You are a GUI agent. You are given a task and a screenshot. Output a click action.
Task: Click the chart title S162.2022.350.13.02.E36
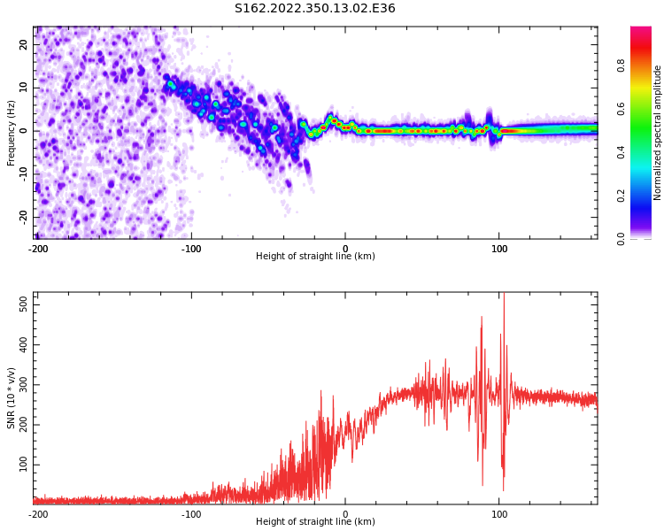point(315,9)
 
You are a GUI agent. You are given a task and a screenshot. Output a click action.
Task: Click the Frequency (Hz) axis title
point(12,132)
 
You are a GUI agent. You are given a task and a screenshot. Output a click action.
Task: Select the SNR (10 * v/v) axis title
point(12,398)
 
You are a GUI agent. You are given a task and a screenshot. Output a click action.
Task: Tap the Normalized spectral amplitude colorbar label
point(658,132)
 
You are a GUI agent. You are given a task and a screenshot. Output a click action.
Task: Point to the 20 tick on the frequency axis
point(25,44)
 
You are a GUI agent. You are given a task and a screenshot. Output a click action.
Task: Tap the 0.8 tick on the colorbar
point(622,65)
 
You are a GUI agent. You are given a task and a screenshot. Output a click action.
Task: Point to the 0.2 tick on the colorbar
point(622,196)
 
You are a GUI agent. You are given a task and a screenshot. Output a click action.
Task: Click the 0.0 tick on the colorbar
point(622,238)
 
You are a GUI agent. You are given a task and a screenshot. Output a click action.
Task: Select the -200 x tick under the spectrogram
point(38,249)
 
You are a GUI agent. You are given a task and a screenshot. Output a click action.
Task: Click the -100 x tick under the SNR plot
point(191,514)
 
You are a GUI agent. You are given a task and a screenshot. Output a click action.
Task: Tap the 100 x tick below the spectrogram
point(499,249)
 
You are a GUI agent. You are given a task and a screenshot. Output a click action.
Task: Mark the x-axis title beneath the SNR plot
point(315,522)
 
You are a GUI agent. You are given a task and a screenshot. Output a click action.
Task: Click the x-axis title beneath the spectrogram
point(315,257)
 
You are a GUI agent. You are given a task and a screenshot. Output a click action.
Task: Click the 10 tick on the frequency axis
point(25,88)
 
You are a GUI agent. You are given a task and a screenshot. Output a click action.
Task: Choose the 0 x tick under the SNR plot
point(345,514)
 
